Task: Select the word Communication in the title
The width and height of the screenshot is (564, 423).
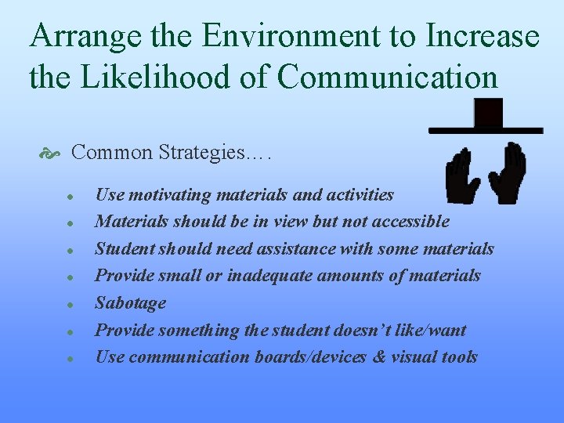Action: [388, 77]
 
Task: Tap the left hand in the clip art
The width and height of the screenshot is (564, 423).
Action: [463, 176]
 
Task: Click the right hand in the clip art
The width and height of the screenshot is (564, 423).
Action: [507, 172]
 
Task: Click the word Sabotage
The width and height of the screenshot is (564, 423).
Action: [130, 302]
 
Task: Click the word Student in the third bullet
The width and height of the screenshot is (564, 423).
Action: [124, 249]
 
